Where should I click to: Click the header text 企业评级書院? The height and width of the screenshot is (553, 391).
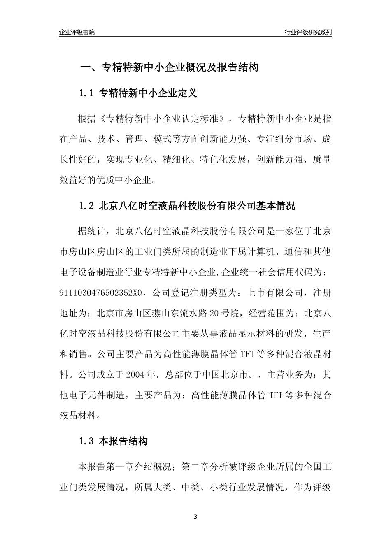(77, 32)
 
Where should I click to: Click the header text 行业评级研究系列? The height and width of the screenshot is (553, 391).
(308, 32)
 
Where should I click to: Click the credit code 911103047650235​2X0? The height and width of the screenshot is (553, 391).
(102, 293)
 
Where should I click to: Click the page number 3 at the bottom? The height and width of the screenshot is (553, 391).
(195, 517)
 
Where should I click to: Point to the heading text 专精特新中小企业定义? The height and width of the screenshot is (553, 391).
(149, 93)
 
